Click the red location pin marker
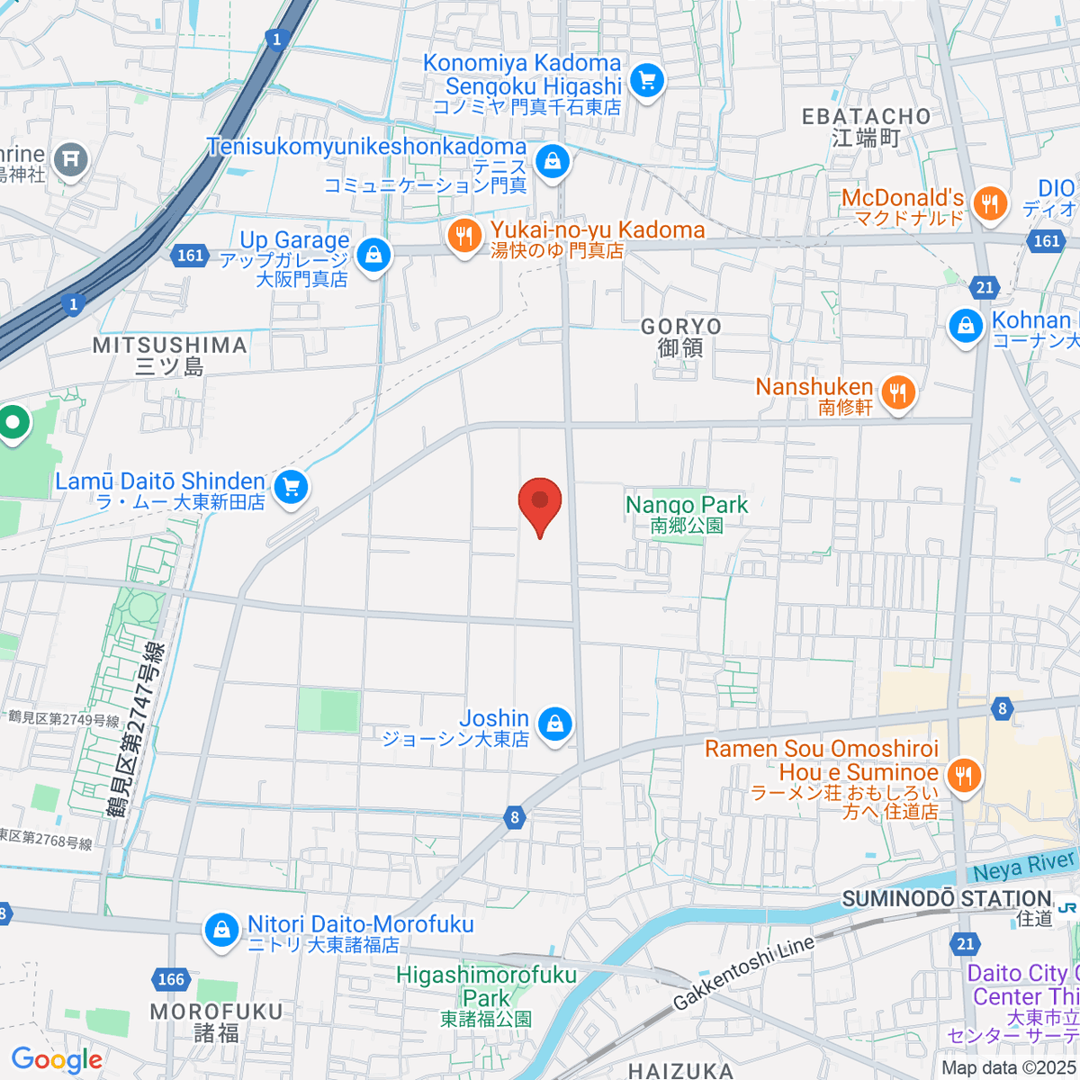540,501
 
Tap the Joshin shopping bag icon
555,724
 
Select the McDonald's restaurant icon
990,203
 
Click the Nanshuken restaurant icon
897,393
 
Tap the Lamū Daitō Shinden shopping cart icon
291,488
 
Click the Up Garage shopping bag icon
373,256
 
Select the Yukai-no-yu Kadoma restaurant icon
464,237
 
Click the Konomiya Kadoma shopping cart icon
646,81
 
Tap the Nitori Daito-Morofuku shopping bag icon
221,931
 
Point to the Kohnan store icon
966,326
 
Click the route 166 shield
170,979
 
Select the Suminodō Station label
947,899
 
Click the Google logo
56,1059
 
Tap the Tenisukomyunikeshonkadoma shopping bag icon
552,162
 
